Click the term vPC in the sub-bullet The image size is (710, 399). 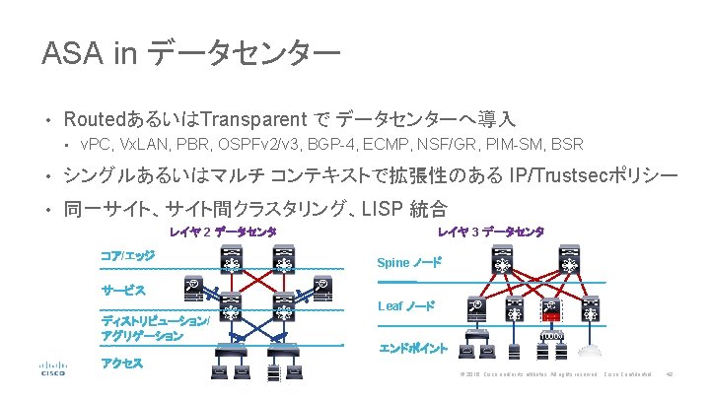coord(96,145)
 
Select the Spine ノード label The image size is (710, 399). coord(410,263)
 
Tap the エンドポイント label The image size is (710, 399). coord(414,348)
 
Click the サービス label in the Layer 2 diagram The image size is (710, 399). coord(124,291)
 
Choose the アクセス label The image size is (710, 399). coord(122,364)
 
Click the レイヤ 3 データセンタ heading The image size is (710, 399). coord(490,233)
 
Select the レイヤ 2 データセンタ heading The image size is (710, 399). coord(222,233)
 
